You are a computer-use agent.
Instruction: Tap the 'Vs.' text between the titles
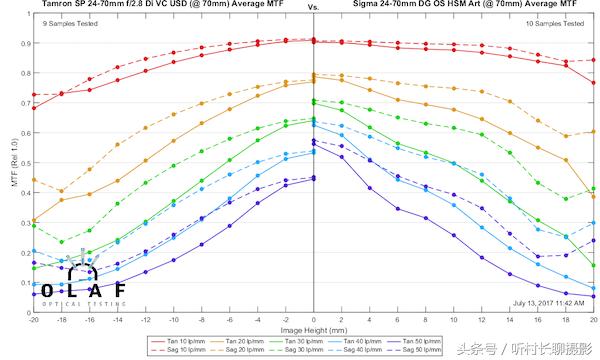click(313, 7)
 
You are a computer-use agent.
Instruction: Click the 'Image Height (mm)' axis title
click(314, 327)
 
